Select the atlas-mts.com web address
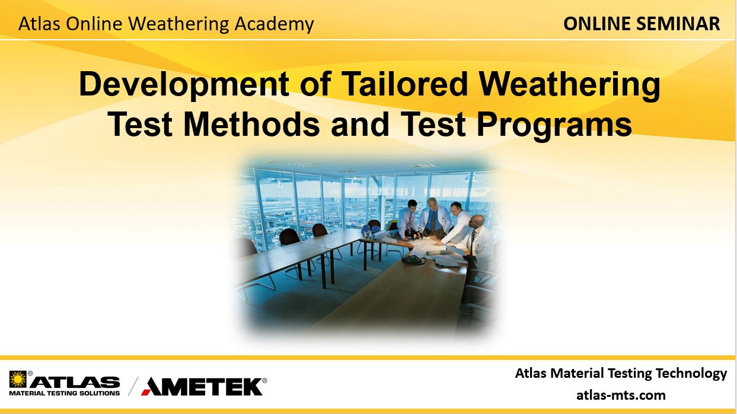click(x=621, y=395)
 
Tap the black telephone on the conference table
click(x=413, y=259)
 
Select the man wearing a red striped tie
click(x=409, y=219)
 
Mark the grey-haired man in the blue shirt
click(x=433, y=216)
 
